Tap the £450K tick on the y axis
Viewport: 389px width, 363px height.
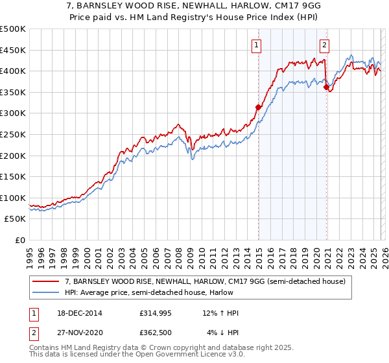click(x=13, y=50)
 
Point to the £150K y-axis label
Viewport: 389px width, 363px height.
click(x=13, y=177)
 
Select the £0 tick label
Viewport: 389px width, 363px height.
click(x=21, y=240)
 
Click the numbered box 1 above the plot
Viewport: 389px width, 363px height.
click(x=257, y=45)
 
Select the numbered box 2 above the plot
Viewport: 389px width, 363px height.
click(x=324, y=45)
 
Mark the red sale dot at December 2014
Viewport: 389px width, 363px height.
click(x=258, y=107)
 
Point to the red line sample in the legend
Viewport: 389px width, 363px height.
click(x=46, y=281)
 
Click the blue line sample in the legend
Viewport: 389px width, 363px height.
click(x=46, y=292)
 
